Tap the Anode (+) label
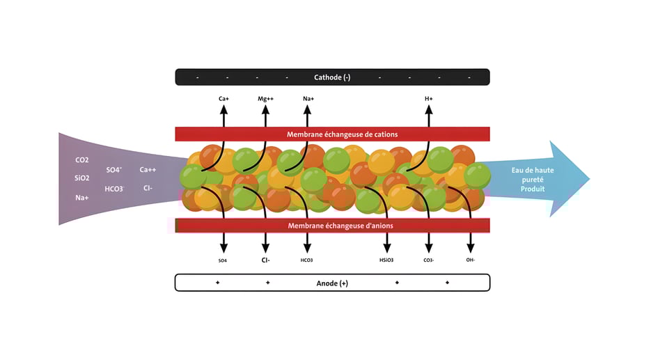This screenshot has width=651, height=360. [332, 283]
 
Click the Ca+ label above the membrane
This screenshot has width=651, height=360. [223, 99]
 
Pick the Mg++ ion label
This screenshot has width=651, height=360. [265, 99]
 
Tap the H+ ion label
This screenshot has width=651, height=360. [429, 99]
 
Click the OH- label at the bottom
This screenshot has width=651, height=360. [471, 260]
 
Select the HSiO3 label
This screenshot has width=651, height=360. [386, 260]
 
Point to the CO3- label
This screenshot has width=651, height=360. [429, 260]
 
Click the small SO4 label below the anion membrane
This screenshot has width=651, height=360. [223, 260]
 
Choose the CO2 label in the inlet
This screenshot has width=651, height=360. [82, 160]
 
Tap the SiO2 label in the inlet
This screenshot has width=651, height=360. [82, 178]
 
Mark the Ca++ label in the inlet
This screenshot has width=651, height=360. [148, 169]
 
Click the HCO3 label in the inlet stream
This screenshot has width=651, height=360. [115, 189]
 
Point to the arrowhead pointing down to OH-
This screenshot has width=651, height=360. [471, 249]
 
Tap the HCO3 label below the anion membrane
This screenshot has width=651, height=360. [306, 260]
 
